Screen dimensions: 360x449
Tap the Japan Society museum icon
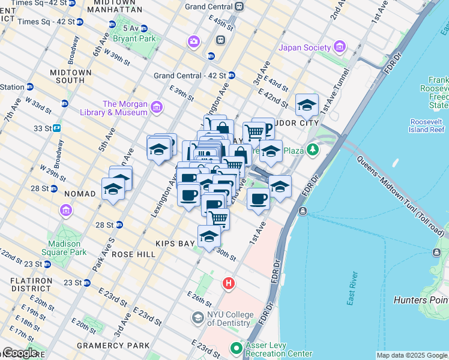click(340, 47)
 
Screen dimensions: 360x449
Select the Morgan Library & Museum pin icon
click(157, 107)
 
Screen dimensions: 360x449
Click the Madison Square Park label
click(64, 248)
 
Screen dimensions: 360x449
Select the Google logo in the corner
click(19, 353)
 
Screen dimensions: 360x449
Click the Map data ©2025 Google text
click(411, 355)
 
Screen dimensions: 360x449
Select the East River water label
click(352, 289)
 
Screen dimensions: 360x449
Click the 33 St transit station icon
click(57, 128)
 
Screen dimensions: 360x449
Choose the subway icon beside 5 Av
click(111, 25)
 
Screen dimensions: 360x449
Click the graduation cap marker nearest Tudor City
click(307, 105)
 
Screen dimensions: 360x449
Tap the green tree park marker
click(312, 149)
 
